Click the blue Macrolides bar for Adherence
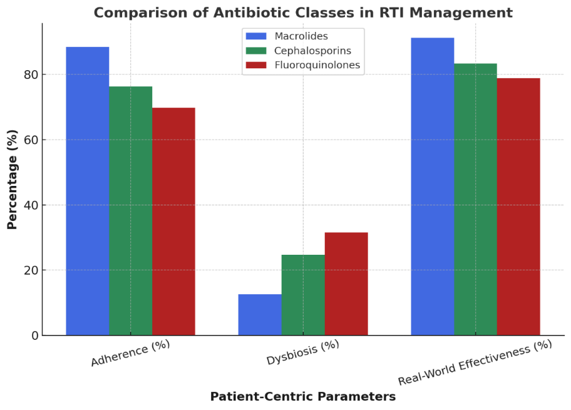(88, 191)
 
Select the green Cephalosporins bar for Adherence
(131, 211)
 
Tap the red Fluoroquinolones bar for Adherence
(173, 222)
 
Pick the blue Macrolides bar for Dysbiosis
(260, 315)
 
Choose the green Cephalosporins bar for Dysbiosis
(303, 295)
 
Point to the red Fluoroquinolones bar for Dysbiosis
(346, 284)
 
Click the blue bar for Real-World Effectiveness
(433, 187)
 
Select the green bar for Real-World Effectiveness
(476, 200)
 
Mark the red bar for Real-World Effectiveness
(518, 207)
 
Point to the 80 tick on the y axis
(31, 74)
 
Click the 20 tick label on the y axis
(31, 270)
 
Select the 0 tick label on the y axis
(35, 336)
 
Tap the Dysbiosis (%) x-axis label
(302, 352)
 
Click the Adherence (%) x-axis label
(130, 353)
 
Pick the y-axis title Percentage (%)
(13, 180)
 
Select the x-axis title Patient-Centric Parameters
(303, 396)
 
